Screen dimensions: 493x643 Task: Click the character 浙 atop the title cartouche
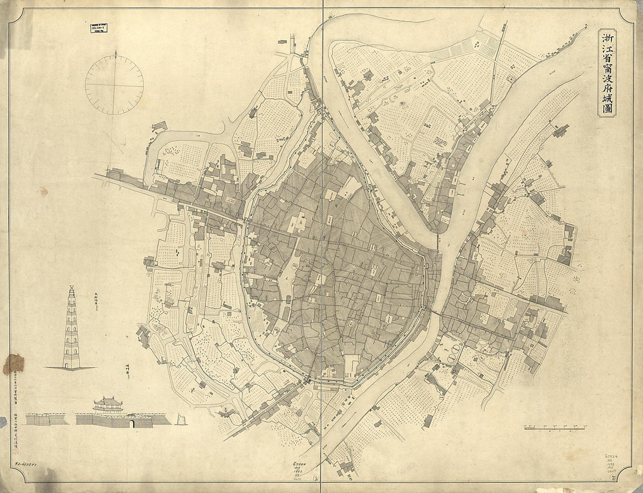click(608, 39)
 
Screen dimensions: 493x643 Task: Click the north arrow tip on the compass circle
click(115, 53)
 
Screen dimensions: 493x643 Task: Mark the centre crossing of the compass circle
click(115, 85)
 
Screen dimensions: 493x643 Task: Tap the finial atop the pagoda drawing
click(71, 287)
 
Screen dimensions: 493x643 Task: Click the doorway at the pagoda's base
click(71, 364)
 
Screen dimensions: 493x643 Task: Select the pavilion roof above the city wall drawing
click(108, 402)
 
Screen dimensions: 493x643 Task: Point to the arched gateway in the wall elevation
click(132, 422)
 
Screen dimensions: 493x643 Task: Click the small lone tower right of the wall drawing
click(181, 419)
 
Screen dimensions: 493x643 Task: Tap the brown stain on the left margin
click(13, 364)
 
